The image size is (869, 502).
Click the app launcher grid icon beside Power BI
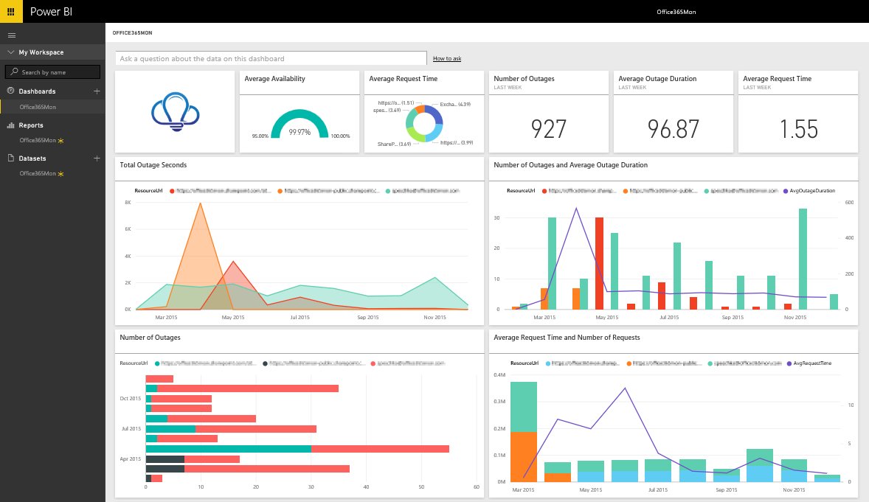[x=10, y=11]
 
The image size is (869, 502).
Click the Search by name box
[x=52, y=72]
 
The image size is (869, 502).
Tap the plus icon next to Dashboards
[x=96, y=91]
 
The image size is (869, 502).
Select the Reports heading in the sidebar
[x=31, y=125]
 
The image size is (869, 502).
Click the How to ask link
[x=447, y=58]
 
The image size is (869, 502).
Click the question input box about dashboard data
[x=271, y=58]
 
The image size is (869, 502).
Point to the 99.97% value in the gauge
[x=300, y=131]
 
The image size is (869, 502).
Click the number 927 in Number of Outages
[x=549, y=129]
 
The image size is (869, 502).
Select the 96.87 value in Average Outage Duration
[x=673, y=129]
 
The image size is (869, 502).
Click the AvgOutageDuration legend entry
[x=814, y=190]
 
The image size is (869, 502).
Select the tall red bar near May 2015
[x=599, y=263]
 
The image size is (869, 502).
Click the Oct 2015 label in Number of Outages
[x=130, y=398]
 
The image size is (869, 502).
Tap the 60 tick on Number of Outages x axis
[x=477, y=487]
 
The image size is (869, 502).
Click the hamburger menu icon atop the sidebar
[x=11, y=35]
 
